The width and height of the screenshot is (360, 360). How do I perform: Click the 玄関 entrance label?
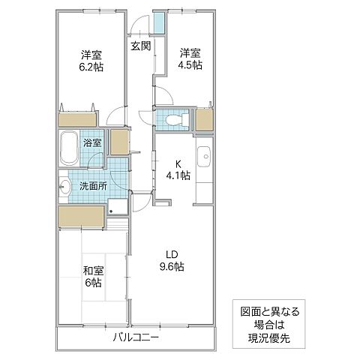(140, 46)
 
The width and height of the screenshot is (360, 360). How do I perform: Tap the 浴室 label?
(92, 141)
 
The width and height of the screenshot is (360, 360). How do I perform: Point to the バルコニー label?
(136, 338)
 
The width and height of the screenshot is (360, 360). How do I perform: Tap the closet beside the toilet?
(205, 119)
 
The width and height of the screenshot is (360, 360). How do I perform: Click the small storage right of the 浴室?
(119, 142)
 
